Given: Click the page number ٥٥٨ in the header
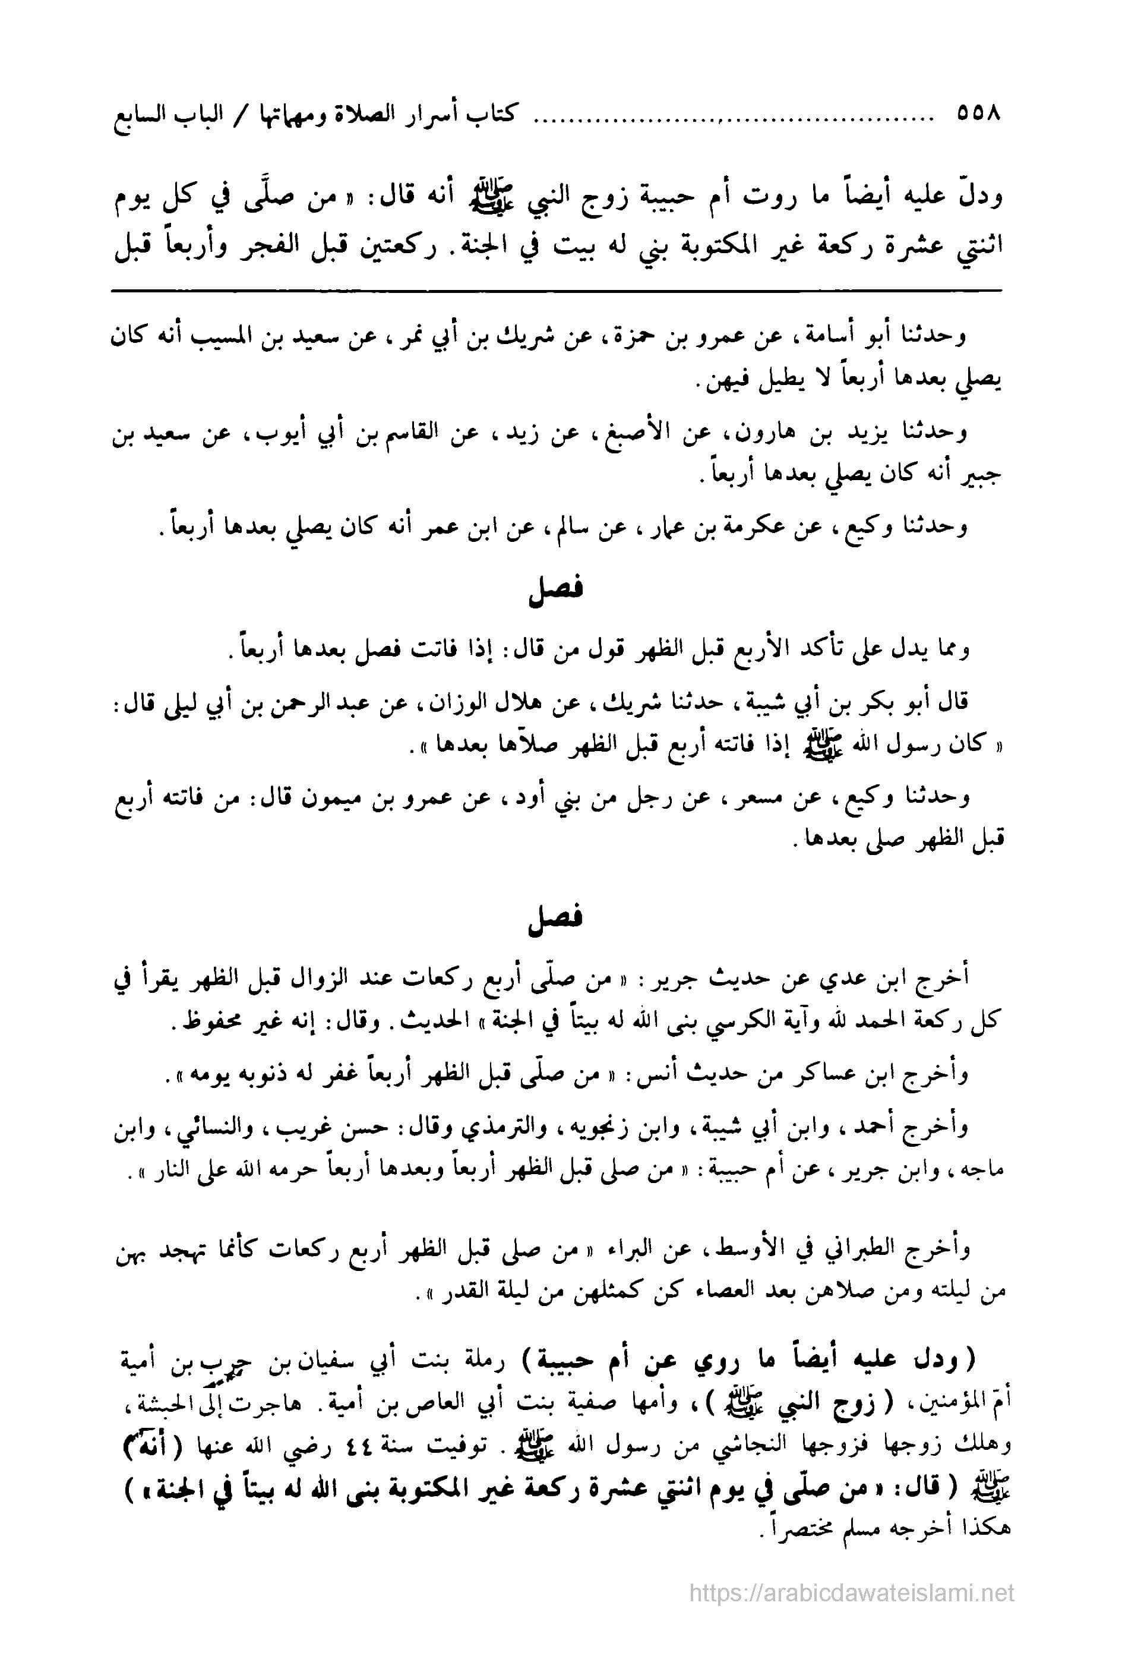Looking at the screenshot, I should coord(978,114).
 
